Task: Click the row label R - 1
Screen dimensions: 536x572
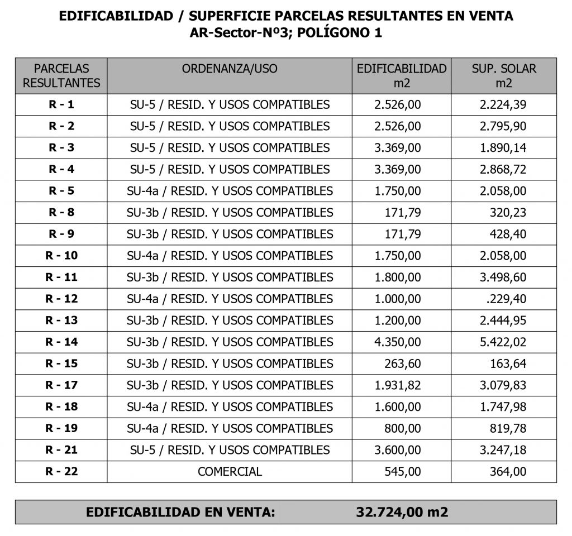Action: (x=61, y=104)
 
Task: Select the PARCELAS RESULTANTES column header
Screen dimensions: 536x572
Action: (x=61, y=76)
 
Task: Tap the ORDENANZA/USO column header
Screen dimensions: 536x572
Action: (x=230, y=69)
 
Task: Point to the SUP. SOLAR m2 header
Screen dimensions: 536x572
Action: (x=503, y=76)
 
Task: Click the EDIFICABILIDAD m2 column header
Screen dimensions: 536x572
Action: (x=402, y=76)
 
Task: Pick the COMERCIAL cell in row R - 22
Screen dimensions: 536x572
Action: (x=230, y=471)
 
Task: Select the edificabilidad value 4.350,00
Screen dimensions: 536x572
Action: (x=398, y=342)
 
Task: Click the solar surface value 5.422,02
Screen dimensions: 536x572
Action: (x=503, y=342)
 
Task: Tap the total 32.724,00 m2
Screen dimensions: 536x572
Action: (x=402, y=512)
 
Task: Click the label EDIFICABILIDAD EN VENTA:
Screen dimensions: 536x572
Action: (x=180, y=512)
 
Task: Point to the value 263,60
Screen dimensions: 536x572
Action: (x=403, y=363)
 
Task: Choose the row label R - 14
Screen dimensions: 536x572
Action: (x=61, y=342)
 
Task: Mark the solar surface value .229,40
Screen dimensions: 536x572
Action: (x=506, y=299)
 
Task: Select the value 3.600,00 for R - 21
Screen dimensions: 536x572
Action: (x=398, y=450)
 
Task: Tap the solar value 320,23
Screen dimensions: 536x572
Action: (x=507, y=212)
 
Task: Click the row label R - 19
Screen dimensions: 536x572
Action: (x=61, y=428)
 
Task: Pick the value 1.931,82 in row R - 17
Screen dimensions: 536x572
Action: (x=398, y=385)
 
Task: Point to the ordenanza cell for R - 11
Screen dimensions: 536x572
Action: (x=230, y=277)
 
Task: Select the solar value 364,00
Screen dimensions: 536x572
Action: (x=507, y=471)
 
